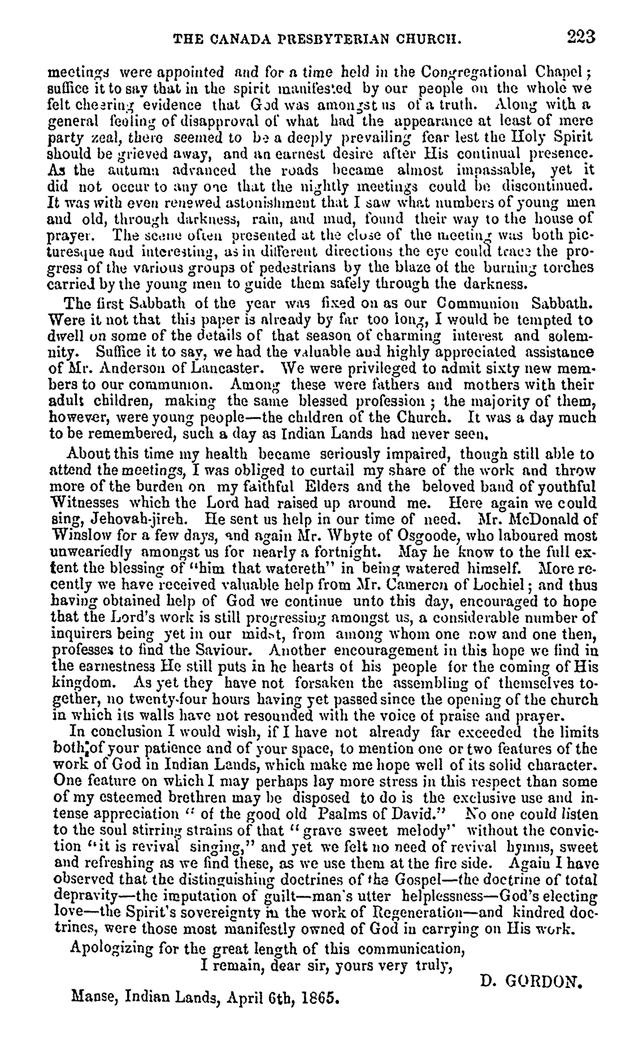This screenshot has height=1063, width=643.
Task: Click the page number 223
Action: coord(581,38)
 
